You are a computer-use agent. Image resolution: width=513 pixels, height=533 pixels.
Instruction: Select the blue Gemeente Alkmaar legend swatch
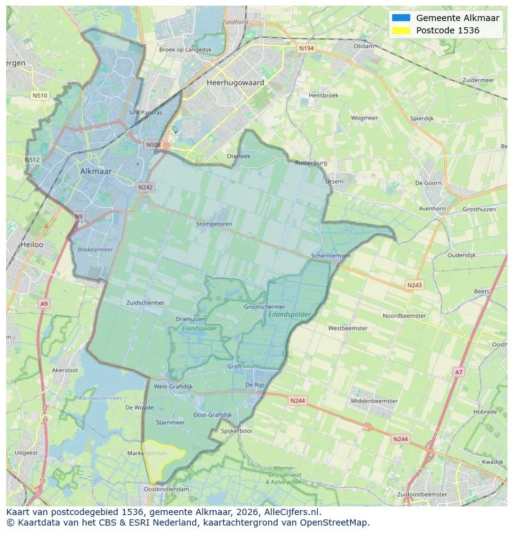pyautogui.click(x=401, y=18)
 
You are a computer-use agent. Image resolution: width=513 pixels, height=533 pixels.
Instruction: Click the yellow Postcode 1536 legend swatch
pyautogui.click(x=401, y=30)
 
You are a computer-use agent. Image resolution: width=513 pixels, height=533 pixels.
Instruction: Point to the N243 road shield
pyautogui.click(x=414, y=285)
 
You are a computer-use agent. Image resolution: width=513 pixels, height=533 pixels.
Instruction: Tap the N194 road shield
pyautogui.click(x=306, y=48)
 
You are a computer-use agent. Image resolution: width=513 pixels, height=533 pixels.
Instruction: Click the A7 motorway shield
pyautogui.click(x=458, y=372)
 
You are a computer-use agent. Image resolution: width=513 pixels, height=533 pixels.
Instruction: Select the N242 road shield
pyautogui.click(x=145, y=187)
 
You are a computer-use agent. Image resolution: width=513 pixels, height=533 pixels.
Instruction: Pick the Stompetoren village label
pyautogui.click(x=214, y=224)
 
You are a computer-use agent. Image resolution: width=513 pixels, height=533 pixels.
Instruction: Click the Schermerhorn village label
pyautogui.click(x=331, y=256)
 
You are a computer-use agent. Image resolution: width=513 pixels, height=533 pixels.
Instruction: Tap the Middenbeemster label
pyautogui.click(x=374, y=401)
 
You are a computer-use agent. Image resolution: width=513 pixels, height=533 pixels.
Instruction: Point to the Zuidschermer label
pyautogui.click(x=145, y=303)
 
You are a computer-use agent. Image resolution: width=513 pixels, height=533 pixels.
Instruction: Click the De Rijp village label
pyautogui.click(x=255, y=384)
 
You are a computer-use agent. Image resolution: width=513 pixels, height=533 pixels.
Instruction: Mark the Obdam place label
pyautogui.click(x=363, y=46)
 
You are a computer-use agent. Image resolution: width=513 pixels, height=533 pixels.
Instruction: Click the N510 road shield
pyautogui.click(x=39, y=95)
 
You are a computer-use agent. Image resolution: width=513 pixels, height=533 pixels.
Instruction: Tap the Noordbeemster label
pyautogui.click(x=404, y=316)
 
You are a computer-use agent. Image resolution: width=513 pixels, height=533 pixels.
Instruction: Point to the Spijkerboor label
pyautogui.click(x=237, y=431)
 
